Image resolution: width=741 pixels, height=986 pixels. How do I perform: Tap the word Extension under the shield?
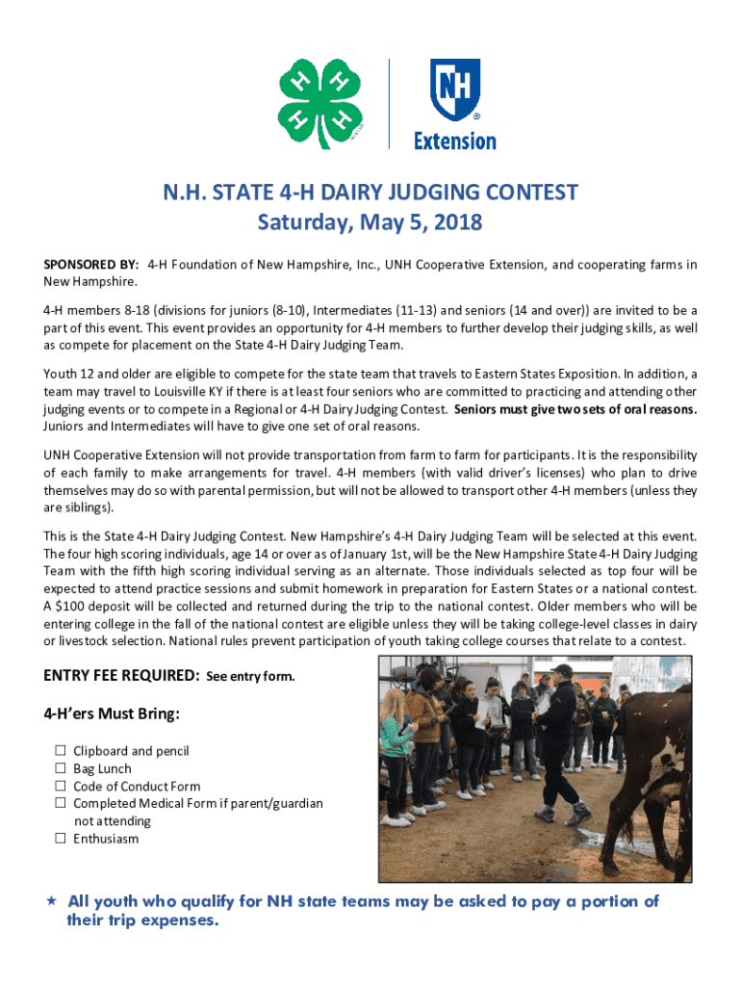(x=454, y=142)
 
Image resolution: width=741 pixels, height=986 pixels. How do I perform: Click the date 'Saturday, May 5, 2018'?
(x=370, y=223)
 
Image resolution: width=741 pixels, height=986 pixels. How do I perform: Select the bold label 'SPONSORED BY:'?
(x=91, y=264)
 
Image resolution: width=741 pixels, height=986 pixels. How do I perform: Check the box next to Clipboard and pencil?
(x=60, y=751)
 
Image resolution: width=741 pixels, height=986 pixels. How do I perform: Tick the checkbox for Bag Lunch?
(x=60, y=768)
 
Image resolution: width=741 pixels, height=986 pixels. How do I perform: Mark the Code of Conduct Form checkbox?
(x=60, y=786)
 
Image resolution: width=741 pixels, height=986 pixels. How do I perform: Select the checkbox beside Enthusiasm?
(x=60, y=839)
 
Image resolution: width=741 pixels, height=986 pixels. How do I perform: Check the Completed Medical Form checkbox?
(x=60, y=803)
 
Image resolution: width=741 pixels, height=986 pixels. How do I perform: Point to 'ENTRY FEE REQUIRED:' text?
(x=120, y=676)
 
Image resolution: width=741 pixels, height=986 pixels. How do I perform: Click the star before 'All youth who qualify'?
(x=51, y=901)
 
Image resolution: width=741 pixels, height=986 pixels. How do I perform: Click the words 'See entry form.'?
(x=250, y=677)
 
